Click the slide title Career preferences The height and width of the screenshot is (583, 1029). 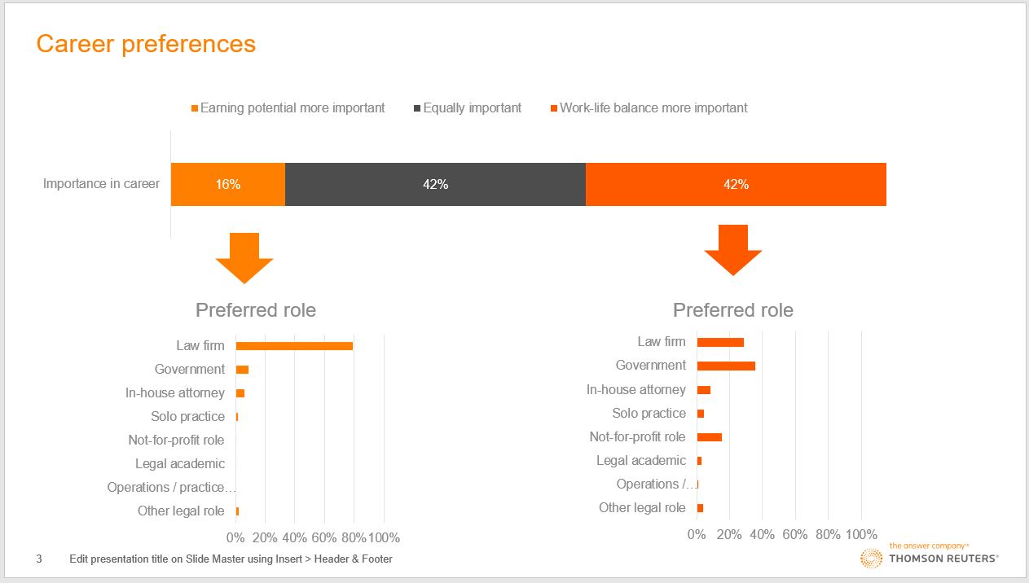pyautogui.click(x=146, y=43)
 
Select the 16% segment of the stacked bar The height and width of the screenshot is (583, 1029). pyautogui.click(x=228, y=184)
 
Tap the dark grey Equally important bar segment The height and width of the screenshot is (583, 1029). pyautogui.click(x=435, y=184)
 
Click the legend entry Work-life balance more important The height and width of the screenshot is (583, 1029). pyautogui.click(x=653, y=107)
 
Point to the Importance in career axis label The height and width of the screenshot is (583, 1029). pyautogui.click(x=101, y=183)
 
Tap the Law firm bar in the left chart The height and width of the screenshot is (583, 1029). pyautogui.click(x=294, y=346)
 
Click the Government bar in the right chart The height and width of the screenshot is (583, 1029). pyautogui.click(x=726, y=366)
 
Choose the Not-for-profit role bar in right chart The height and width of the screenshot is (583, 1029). pyautogui.click(x=710, y=437)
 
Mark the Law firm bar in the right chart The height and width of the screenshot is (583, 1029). pyautogui.click(x=720, y=342)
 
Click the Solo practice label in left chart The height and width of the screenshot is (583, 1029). pyautogui.click(x=187, y=416)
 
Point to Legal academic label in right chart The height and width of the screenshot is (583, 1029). pyautogui.click(x=640, y=460)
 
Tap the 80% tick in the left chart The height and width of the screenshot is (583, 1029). pyautogui.click(x=354, y=537)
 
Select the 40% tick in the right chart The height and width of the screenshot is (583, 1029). pyautogui.click(x=762, y=534)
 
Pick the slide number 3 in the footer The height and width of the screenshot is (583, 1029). pyautogui.click(x=39, y=559)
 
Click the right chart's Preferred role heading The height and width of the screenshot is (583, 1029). pyautogui.click(x=732, y=310)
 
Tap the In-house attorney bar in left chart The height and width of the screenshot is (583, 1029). pyautogui.click(x=240, y=393)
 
